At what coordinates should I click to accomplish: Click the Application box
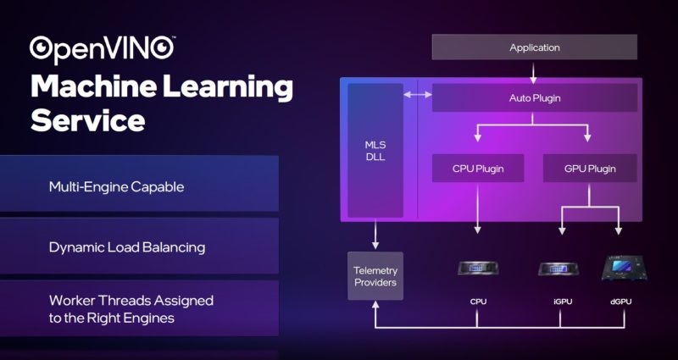coord(534,47)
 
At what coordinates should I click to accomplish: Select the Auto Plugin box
coord(534,98)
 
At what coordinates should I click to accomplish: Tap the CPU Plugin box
coord(478,169)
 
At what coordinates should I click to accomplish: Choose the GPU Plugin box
coord(590,169)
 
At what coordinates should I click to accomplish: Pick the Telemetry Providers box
coord(375,275)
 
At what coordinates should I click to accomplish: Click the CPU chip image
coord(478,269)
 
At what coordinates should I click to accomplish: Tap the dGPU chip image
coord(620,268)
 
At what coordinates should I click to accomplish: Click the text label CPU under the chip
coord(478,302)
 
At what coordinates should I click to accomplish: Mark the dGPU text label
coord(620,302)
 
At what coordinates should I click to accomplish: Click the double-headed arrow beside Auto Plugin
coord(417,95)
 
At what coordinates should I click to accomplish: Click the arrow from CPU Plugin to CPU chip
coord(478,208)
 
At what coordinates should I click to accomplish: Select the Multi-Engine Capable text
coord(116,186)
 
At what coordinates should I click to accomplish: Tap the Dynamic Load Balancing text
coord(126,248)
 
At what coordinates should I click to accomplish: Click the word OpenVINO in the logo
coord(103,48)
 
